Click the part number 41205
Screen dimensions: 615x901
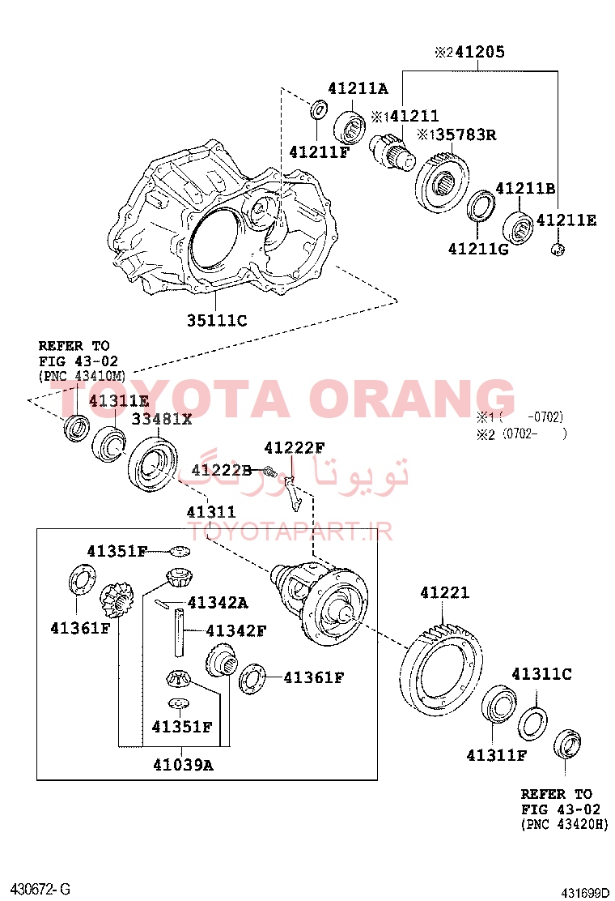tap(480, 53)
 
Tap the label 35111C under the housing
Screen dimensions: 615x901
tap(217, 321)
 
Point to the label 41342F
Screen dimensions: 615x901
tap(235, 631)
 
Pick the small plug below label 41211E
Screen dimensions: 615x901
tap(558, 250)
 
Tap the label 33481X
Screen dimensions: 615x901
tap(161, 420)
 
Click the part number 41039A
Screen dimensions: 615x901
tap(183, 766)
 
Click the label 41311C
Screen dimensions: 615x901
tap(541, 674)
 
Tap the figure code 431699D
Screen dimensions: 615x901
tap(584, 893)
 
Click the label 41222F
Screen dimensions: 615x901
tap(295, 447)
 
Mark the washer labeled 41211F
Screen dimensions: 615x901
tap(319, 109)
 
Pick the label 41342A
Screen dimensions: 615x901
tap(218, 603)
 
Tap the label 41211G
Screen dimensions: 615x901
tap(478, 249)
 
